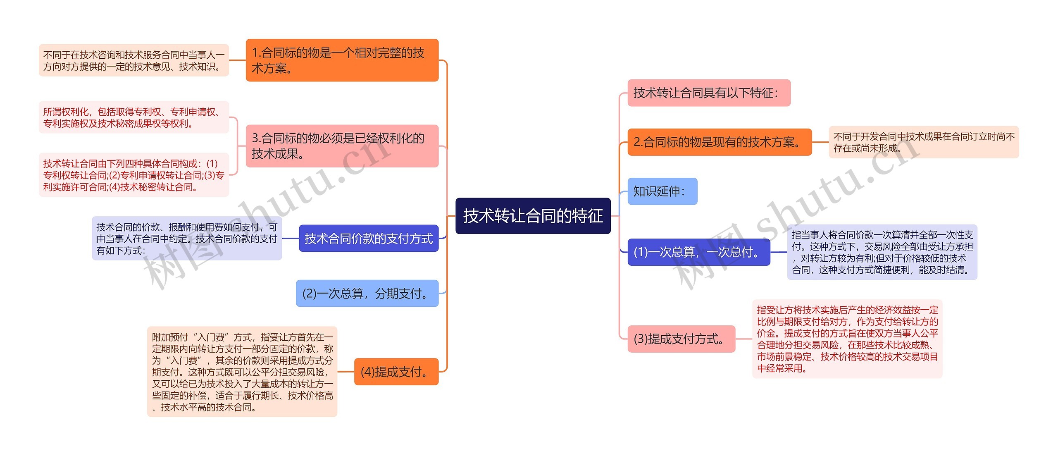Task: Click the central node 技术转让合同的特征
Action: (x=533, y=216)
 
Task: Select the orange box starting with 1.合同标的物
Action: (x=342, y=60)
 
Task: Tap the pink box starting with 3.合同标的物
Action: (x=342, y=146)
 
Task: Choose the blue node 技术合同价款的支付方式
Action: (x=368, y=239)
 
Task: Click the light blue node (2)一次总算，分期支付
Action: (x=367, y=294)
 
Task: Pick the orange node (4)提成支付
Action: (x=396, y=372)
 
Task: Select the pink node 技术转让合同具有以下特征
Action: (x=709, y=93)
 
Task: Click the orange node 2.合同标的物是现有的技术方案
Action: (x=720, y=142)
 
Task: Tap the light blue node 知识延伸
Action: (x=662, y=191)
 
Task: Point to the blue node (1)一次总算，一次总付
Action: (x=698, y=252)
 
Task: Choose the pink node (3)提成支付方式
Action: (x=681, y=339)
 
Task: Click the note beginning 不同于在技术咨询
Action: (x=133, y=60)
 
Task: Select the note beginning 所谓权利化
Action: (x=133, y=117)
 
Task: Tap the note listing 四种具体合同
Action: (x=133, y=175)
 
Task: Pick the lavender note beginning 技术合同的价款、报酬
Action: (x=187, y=239)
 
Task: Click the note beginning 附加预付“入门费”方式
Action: (x=242, y=372)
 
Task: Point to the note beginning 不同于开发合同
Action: (x=924, y=142)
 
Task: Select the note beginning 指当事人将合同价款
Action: (x=882, y=252)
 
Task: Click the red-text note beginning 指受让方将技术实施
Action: (x=847, y=339)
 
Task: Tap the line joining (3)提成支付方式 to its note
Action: (x=744, y=339)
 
